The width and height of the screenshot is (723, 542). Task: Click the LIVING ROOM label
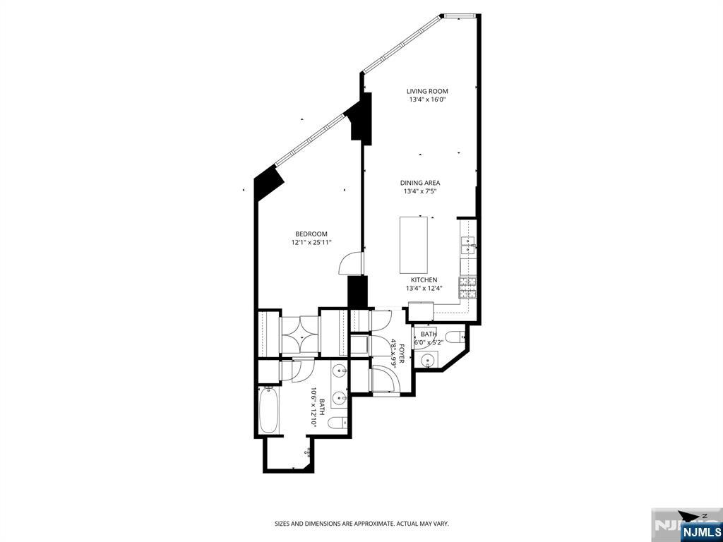pyautogui.click(x=427, y=91)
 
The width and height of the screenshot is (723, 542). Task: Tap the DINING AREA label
pyautogui.click(x=420, y=183)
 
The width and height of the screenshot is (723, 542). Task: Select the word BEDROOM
pyautogui.click(x=311, y=234)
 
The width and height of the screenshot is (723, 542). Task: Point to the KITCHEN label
pyautogui.click(x=424, y=279)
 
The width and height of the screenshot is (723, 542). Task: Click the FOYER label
pyautogui.click(x=402, y=353)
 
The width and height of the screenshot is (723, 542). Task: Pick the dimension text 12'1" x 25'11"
pyautogui.click(x=311, y=243)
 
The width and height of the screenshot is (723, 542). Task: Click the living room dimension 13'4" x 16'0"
pyautogui.click(x=427, y=100)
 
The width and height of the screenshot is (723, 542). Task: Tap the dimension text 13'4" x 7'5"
pyautogui.click(x=420, y=191)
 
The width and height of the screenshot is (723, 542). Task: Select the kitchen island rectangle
pyautogui.click(x=413, y=245)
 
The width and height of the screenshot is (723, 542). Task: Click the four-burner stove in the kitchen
pyautogui.click(x=467, y=288)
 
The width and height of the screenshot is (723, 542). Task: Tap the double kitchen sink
pyautogui.click(x=468, y=245)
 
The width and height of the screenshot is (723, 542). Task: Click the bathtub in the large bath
pyautogui.click(x=268, y=410)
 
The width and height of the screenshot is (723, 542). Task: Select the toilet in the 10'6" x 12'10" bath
pyautogui.click(x=337, y=422)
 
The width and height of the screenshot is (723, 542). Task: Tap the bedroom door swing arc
pyautogui.click(x=349, y=263)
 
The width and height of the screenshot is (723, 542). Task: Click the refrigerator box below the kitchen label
pyautogui.click(x=421, y=311)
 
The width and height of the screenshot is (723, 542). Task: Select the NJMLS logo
pyautogui.click(x=700, y=531)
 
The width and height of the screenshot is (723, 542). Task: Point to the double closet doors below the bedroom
pyautogui.click(x=300, y=335)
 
